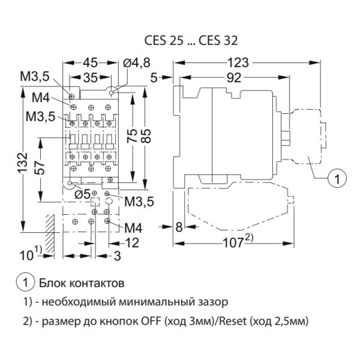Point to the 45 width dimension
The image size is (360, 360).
[x=90, y=62]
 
